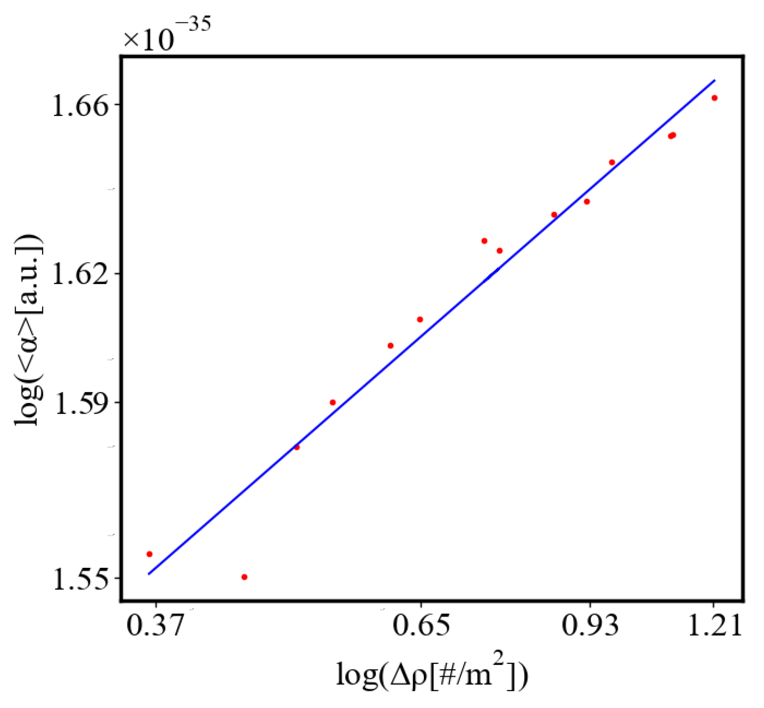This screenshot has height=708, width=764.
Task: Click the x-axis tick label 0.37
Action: coord(155,625)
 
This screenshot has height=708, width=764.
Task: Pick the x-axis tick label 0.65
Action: coord(421,625)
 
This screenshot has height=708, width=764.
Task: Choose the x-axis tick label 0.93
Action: coord(590,625)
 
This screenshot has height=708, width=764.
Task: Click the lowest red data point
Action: coord(244,577)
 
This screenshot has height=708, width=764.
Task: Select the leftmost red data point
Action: coord(149,554)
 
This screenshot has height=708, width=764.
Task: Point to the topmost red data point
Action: coord(714,98)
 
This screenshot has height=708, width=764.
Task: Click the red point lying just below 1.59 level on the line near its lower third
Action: coord(297,447)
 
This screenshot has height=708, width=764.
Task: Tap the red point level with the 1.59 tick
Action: coord(333,402)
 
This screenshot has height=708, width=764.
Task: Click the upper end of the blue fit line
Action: coord(715,80)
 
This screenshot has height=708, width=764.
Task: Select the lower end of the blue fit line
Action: coord(149,574)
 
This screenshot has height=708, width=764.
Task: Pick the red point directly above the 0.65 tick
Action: coord(420,320)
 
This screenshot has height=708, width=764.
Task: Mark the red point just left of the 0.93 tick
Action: coord(587,202)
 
